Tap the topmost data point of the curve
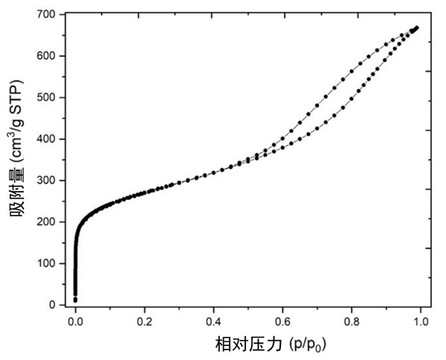click(x=417, y=28)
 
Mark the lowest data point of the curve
click(x=75, y=300)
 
